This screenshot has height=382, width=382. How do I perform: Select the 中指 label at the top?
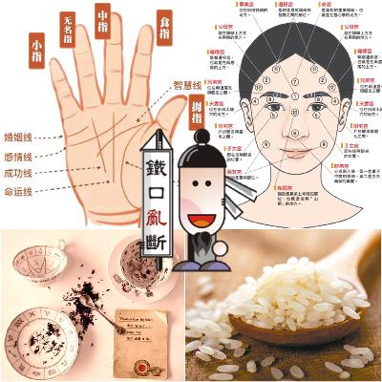pos(101,16)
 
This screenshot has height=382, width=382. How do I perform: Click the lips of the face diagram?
pos(294,153)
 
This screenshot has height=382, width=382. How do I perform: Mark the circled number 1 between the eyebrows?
pos(294,95)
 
